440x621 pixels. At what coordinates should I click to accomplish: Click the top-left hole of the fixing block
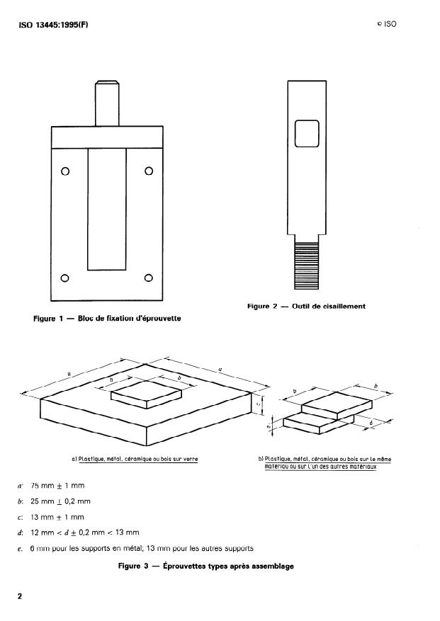tap(65, 171)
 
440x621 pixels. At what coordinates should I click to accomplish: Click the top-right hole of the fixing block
tap(149, 171)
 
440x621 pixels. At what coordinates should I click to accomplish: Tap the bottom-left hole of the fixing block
tap(65, 277)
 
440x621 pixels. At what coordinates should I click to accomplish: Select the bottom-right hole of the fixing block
tap(149, 277)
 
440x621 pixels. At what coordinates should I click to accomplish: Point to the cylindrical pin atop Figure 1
tap(106, 103)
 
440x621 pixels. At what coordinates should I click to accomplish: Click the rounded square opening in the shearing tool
tap(307, 133)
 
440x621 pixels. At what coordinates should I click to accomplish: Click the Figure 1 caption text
tap(107, 319)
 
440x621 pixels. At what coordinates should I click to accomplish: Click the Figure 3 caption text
tap(205, 566)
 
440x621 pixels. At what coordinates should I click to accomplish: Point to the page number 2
tap(20, 596)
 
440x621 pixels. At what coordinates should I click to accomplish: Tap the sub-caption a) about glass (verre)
tap(135, 459)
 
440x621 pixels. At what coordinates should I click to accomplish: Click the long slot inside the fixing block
tap(107, 208)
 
